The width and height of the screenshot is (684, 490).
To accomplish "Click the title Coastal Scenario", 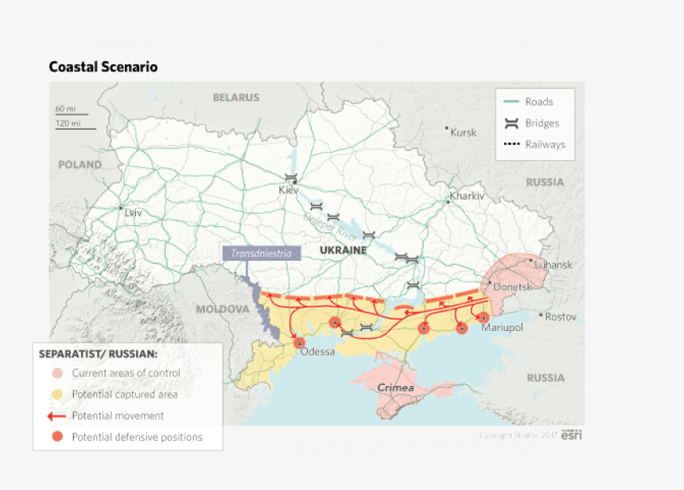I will pyautogui.click(x=103, y=67).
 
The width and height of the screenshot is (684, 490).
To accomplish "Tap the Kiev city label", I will pyautogui.click(x=288, y=190).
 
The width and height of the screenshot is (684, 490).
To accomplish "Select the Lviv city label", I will pyautogui.click(x=133, y=212).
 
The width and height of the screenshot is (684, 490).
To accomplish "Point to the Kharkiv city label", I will pyautogui.click(x=467, y=196).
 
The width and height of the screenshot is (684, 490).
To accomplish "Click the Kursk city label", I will pyautogui.click(x=464, y=132).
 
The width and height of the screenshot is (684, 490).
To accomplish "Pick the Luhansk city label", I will pyautogui.click(x=553, y=265).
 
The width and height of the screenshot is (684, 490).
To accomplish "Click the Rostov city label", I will pyautogui.click(x=561, y=317).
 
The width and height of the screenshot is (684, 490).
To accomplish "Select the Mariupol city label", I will pyautogui.click(x=502, y=326).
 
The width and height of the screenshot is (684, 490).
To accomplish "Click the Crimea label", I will pyautogui.click(x=395, y=387).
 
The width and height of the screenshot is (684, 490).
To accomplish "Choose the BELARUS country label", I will pyautogui.click(x=235, y=97).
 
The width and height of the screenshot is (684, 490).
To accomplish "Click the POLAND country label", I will pyautogui.click(x=80, y=165).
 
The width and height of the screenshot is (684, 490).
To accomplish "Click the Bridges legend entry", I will pyautogui.click(x=542, y=123).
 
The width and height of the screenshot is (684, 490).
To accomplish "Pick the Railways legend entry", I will pyautogui.click(x=545, y=145).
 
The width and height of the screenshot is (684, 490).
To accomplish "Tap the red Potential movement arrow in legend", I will pyautogui.click(x=56, y=415).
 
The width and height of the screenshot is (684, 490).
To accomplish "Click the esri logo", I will pyautogui.click(x=571, y=435).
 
